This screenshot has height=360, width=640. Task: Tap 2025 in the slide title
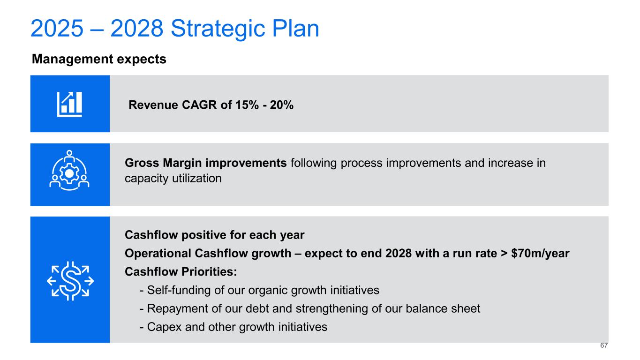pos(57,28)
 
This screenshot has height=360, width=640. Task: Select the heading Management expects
pos(99,59)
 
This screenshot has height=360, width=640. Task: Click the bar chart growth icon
pos(70,104)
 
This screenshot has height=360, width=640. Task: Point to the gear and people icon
pos(69,170)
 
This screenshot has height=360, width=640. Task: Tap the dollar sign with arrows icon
pos(70,281)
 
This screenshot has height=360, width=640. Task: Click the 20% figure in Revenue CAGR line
pos(282,105)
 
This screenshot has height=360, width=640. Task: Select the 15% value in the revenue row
pos(247,105)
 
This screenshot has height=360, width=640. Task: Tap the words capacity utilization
pos(173,179)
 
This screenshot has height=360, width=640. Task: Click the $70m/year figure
pos(540,254)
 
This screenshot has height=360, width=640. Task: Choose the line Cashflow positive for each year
pos(215,235)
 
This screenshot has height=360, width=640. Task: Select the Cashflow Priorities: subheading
pos(181,272)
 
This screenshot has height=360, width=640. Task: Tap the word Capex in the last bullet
pos(164,327)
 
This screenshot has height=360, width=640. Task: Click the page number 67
pos(604,345)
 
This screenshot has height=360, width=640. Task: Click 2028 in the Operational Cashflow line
pos(399,254)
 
